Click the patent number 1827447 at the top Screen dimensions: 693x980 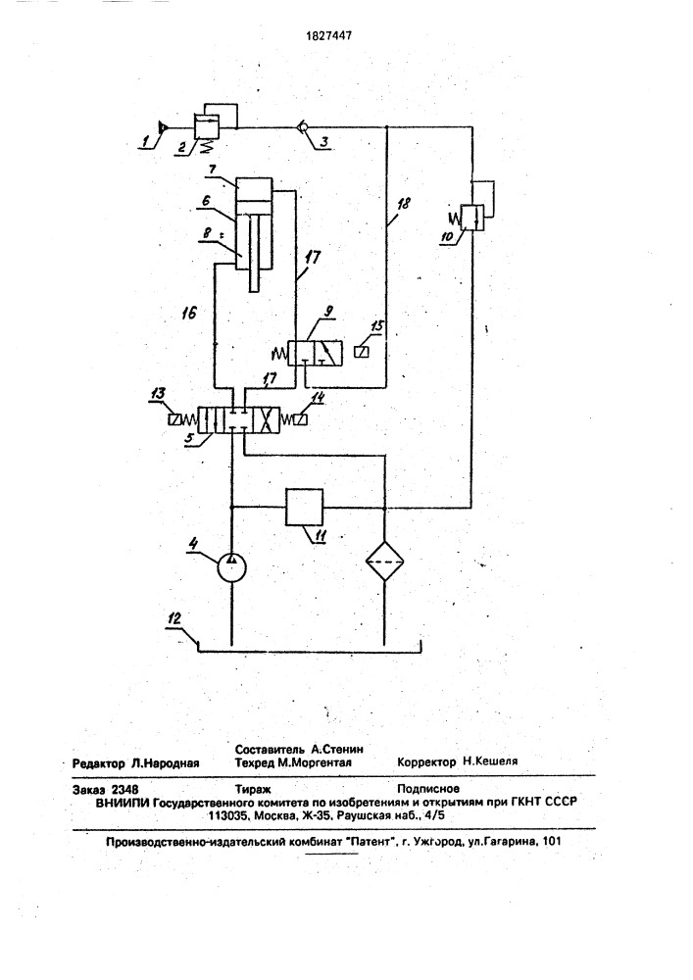(328, 35)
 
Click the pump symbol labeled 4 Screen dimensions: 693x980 (232, 567)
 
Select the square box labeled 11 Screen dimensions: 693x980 (304, 508)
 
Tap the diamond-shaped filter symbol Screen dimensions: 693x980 (384, 561)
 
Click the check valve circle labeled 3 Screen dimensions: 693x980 (301, 127)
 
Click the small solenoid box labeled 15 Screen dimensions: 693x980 (361, 352)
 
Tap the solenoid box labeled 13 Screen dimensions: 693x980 (173, 419)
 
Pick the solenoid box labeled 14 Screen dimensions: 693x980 (301, 419)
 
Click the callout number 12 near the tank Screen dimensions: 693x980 (174, 618)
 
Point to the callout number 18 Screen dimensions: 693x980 (404, 203)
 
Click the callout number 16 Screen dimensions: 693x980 (189, 313)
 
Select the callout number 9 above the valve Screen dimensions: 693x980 (329, 312)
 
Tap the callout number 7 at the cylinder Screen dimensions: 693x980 (213, 170)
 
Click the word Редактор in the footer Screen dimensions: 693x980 (99, 763)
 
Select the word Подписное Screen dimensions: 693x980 (428, 789)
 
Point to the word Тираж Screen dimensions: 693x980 (253, 789)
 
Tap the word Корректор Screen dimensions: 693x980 (426, 761)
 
